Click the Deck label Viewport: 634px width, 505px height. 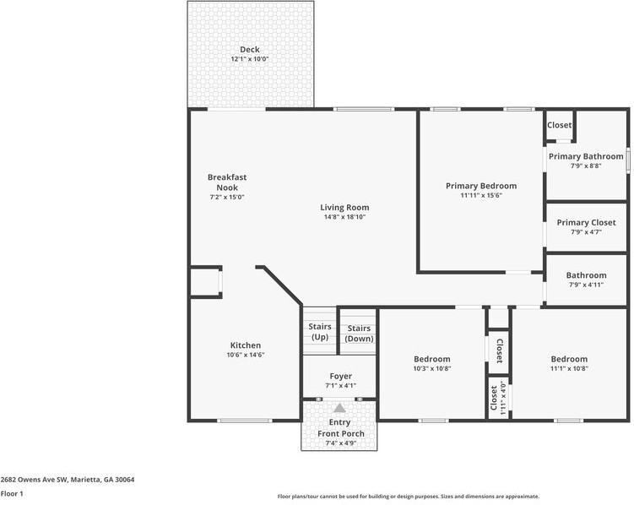coord(249,50)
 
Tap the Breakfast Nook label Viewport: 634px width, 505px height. coord(227,182)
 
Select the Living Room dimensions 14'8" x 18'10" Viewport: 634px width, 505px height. coord(344,217)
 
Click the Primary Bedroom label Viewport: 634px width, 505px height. coord(481,186)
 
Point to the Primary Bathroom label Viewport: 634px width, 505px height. coord(586,156)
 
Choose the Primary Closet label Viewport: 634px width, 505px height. coord(586,223)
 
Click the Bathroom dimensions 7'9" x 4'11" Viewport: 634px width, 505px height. coord(586,285)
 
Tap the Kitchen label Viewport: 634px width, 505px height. coord(246,345)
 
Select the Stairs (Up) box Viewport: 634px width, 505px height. coord(319,332)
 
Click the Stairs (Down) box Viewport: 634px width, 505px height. coord(359,332)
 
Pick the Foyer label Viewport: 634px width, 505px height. coord(341,376)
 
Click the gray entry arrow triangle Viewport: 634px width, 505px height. coord(340,408)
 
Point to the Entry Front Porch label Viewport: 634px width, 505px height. coord(340,428)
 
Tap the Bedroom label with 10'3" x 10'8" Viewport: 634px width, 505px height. coord(431,359)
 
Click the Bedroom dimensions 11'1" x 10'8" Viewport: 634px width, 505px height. coord(569,368)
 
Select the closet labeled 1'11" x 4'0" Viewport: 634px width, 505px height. coord(498,398)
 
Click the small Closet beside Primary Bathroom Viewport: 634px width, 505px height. coord(559,126)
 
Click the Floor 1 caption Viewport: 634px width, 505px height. coord(12,493)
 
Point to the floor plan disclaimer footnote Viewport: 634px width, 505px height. coord(408,497)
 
